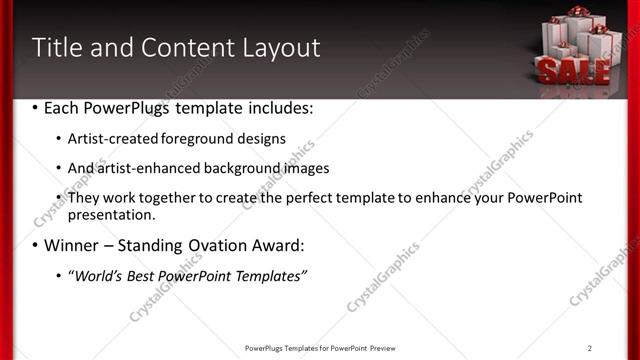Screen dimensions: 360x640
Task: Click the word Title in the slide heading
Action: pos(56,47)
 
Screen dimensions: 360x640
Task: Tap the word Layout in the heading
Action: pos(279,48)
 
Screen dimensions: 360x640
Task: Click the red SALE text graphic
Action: pos(573,69)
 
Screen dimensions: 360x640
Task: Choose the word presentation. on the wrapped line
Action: pos(111,214)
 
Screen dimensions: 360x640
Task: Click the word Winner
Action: pos(72,245)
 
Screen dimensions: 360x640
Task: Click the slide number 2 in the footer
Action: pos(590,348)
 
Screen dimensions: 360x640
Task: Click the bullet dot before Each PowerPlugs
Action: pos(36,107)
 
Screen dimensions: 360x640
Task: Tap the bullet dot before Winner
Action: pos(36,246)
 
